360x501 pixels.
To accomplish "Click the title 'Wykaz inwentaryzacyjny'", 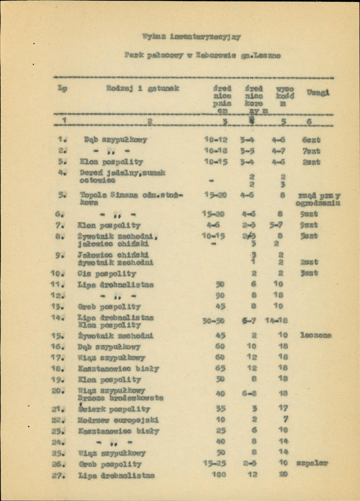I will pyautogui.click(x=192, y=37).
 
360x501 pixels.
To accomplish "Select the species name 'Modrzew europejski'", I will pyautogui.click(x=118, y=420).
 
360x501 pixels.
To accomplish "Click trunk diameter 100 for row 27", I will pyautogui.click(x=220, y=475).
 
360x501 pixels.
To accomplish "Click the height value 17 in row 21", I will pyautogui.click(x=284, y=408).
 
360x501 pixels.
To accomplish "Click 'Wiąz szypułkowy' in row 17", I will pyautogui.click(x=112, y=358).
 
